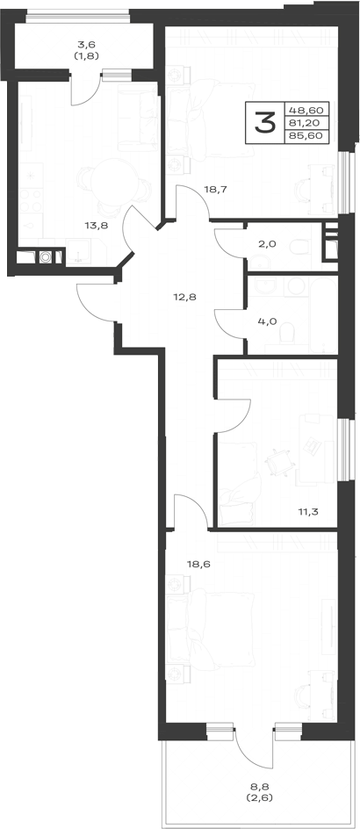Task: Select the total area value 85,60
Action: (x=306, y=135)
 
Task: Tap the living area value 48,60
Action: (x=306, y=110)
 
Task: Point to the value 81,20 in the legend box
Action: (x=306, y=123)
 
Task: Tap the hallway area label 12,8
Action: (x=184, y=297)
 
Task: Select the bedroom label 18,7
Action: (x=215, y=189)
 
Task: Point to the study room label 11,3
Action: (x=310, y=511)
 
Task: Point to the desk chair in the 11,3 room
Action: (x=279, y=462)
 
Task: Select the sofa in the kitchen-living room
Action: (x=138, y=118)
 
